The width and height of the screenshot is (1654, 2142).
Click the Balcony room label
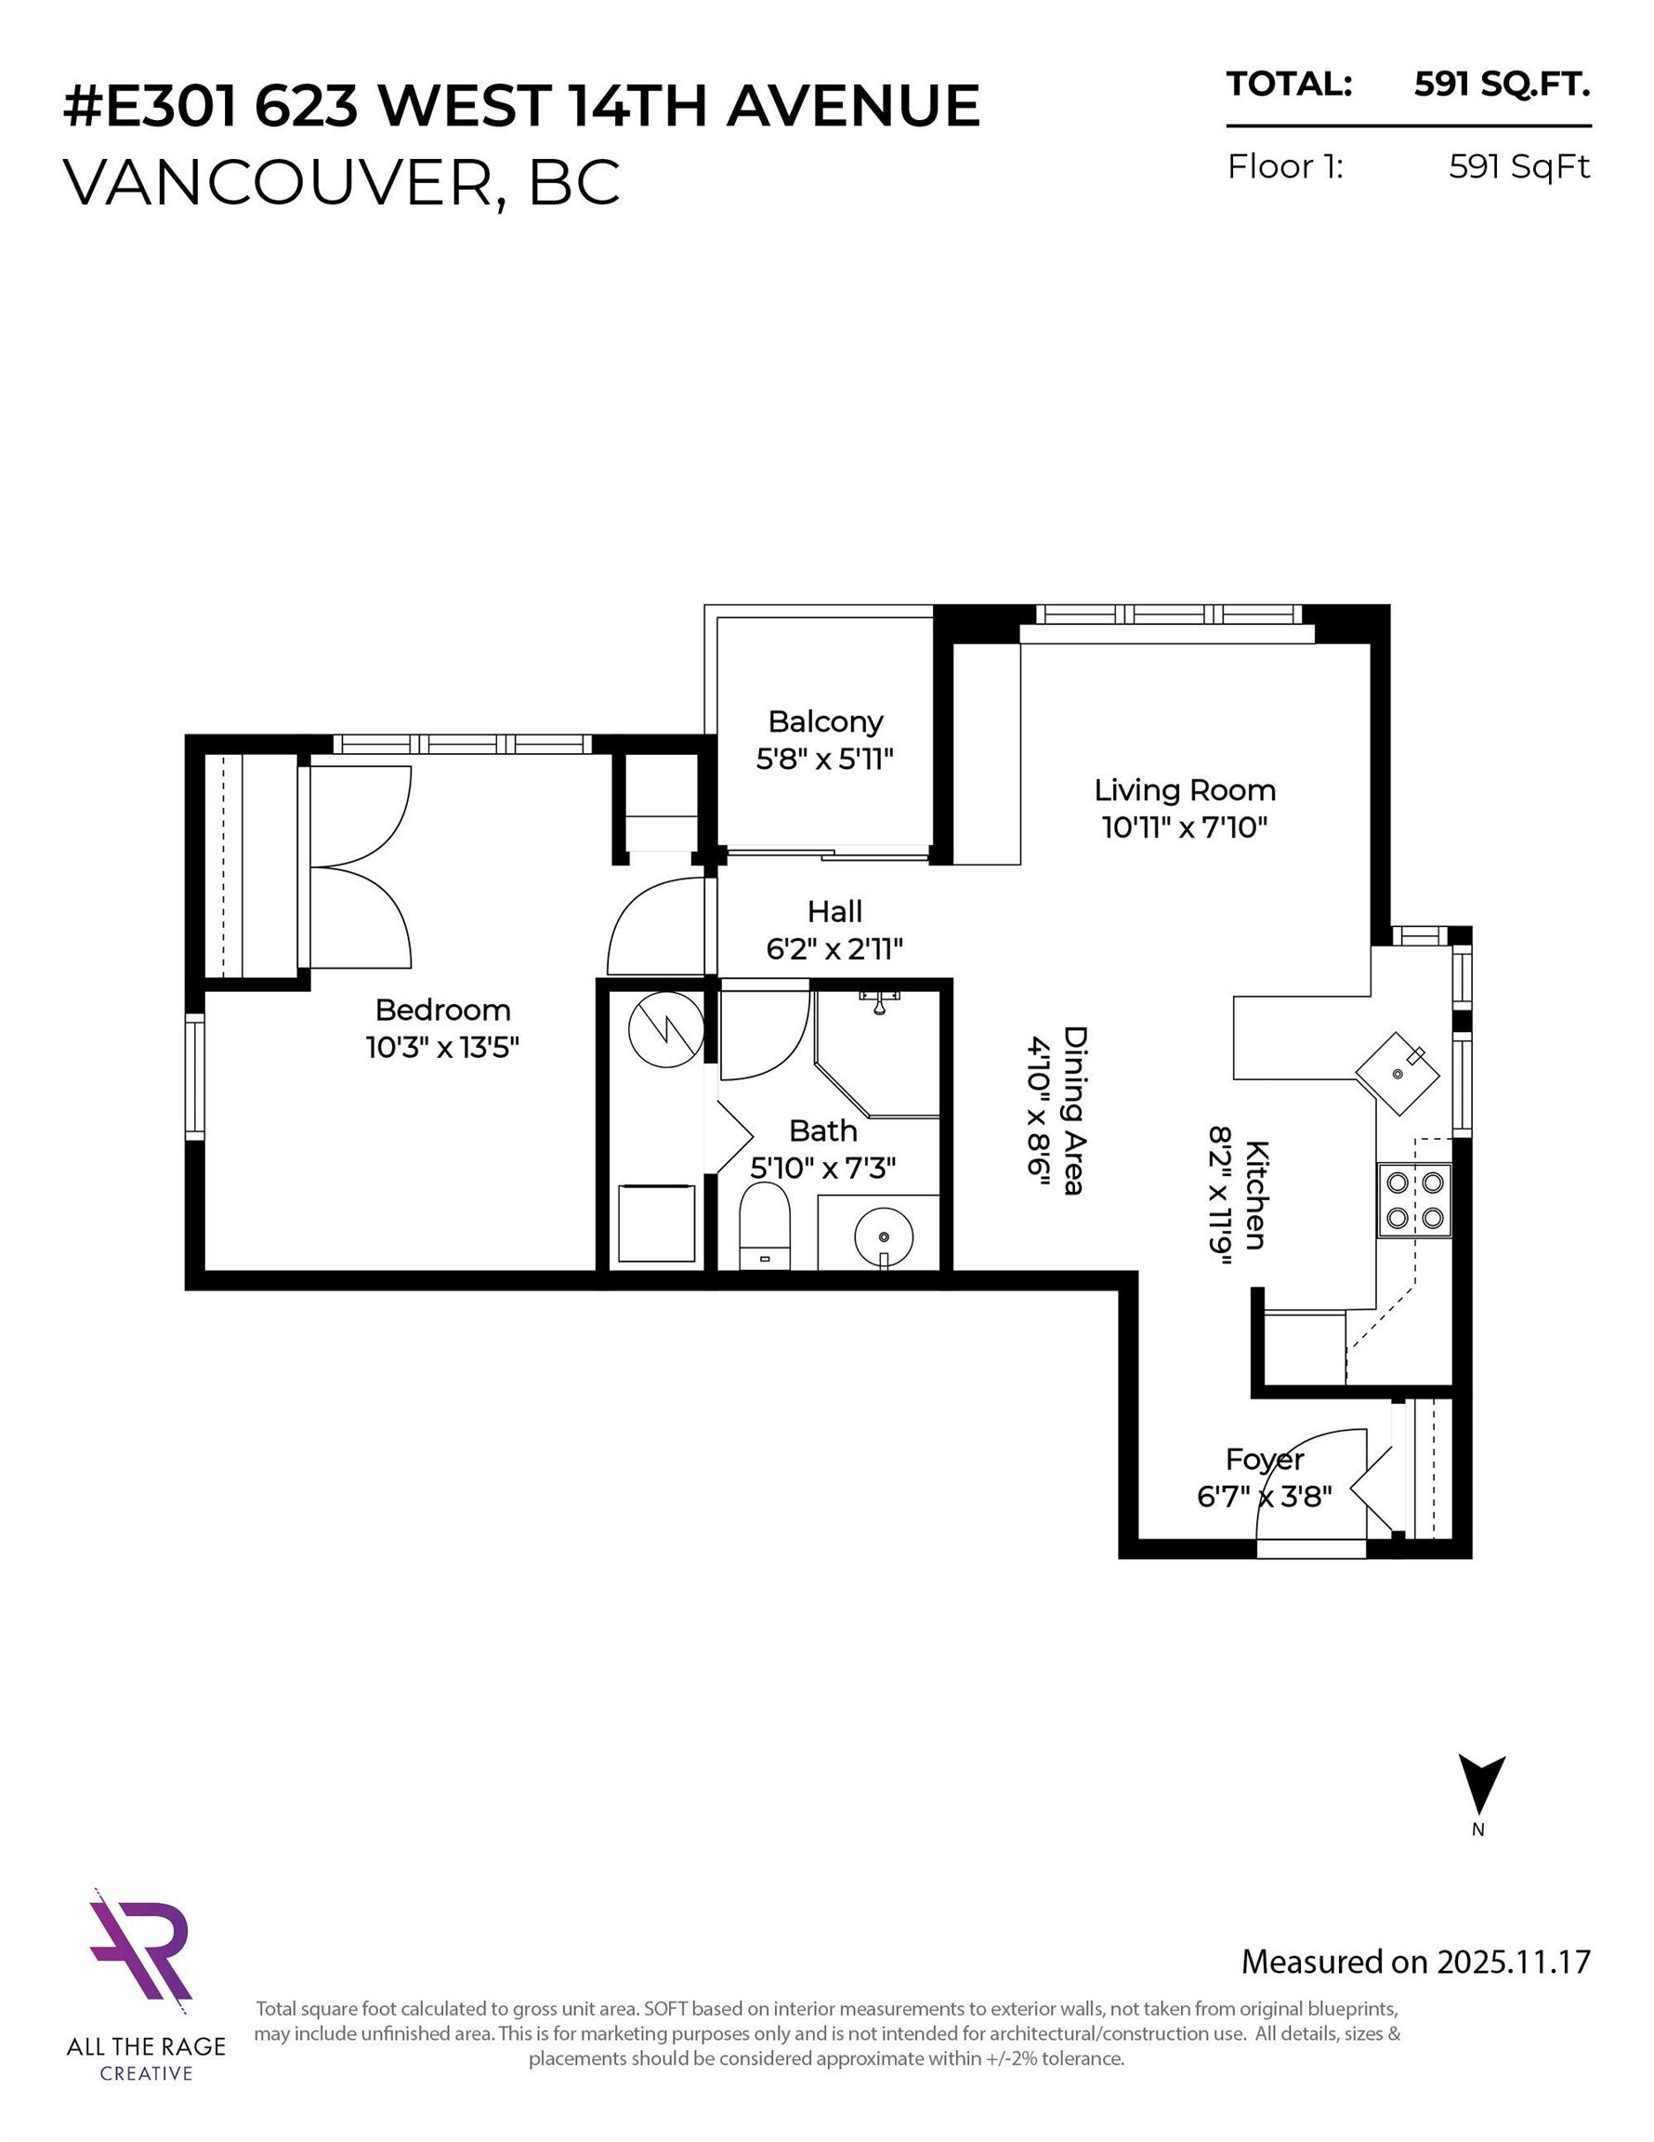(824, 721)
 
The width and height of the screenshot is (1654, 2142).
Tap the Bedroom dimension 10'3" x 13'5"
(442, 1048)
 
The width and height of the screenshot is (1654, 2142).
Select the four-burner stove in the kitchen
(1413, 1200)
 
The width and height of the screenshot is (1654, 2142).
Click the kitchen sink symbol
(1398, 1072)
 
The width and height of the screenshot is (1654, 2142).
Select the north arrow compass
(1480, 1785)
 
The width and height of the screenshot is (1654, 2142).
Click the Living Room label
(1185, 790)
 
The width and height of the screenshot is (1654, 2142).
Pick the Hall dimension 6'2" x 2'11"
(834, 949)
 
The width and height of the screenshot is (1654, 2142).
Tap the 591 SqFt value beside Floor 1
(1518, 166)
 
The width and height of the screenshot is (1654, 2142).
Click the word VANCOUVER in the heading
(278, 181)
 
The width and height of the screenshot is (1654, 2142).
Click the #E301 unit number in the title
(150, 106)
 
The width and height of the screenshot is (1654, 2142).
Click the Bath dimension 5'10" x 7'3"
(822, 1168)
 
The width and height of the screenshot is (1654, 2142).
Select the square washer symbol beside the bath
(656, 1223)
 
